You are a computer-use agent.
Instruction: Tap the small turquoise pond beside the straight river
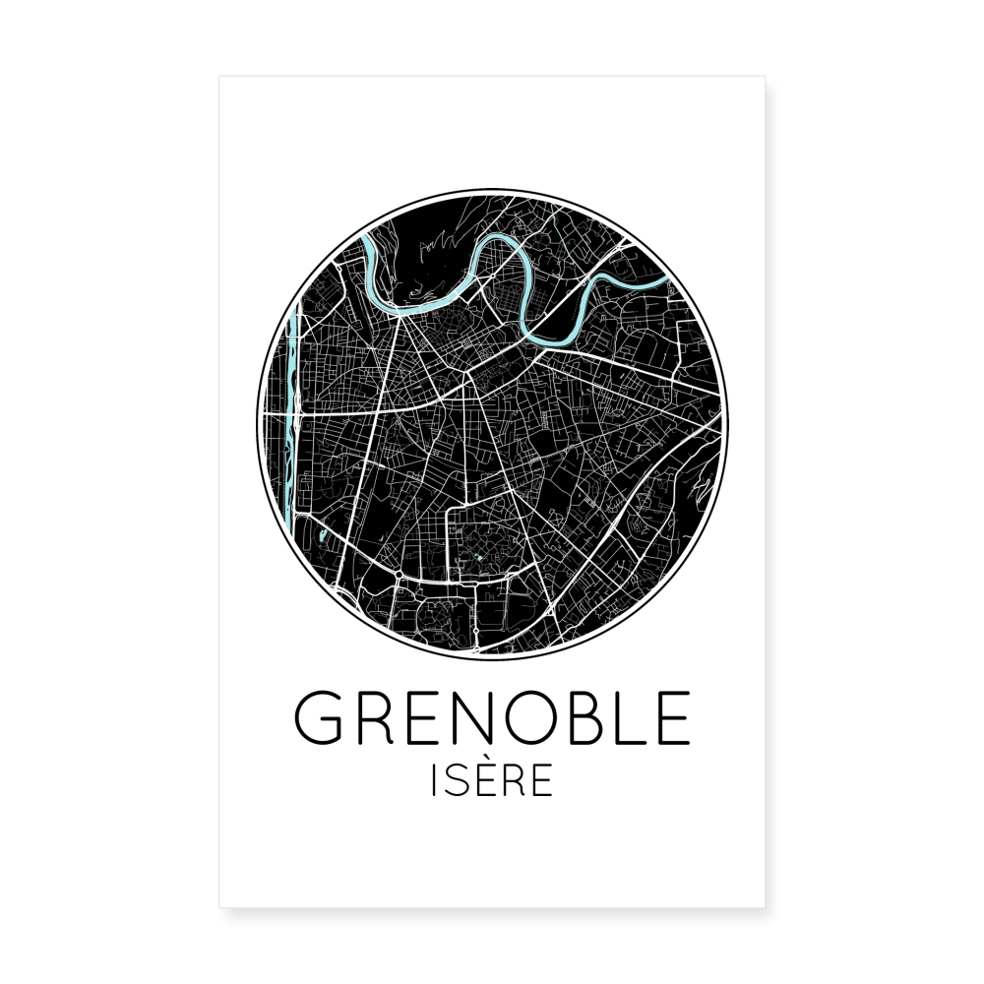click(x=321, y=536)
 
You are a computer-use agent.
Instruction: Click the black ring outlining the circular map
click(x=492, y=191)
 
